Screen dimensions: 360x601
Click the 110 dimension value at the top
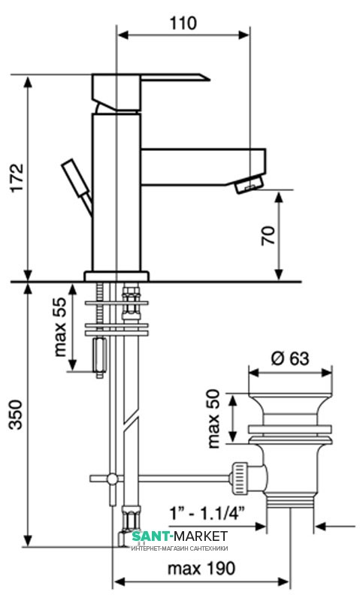click(x=183, y=23)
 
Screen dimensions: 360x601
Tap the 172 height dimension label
click(x=17, y=178)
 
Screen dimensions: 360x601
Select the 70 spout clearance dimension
click(x=268, y=236)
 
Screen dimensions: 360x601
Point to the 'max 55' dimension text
click(x=60, y=327)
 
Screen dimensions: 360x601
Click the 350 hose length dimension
click(x=16, y=415)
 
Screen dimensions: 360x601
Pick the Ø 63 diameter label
click(x=290, y=358)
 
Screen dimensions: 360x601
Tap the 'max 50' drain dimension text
click(x=213, y=418)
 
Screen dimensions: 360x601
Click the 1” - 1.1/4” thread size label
click(x=207, y=512)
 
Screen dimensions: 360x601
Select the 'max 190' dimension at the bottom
click(x=201, y=568)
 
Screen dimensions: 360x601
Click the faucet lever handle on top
click(x=150, y=92)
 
